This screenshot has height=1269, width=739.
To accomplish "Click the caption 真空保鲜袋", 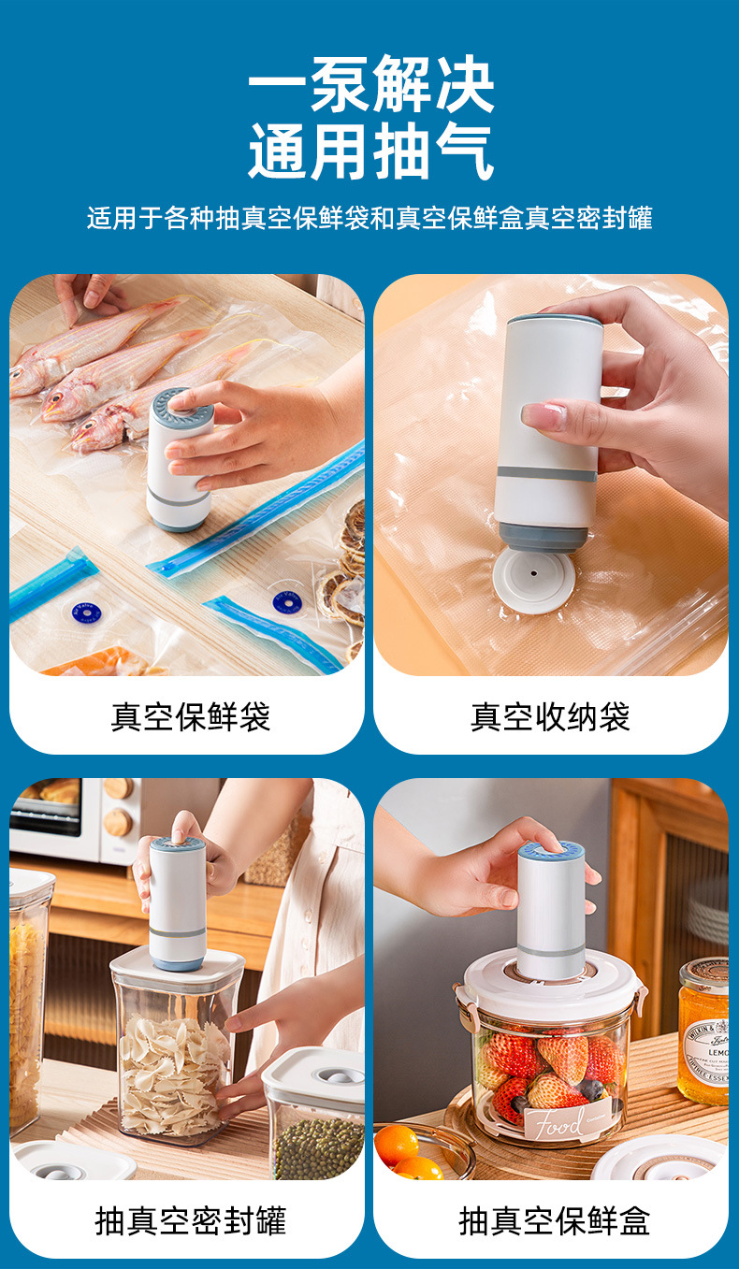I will point(191,717).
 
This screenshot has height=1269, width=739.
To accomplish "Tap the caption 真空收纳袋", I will point(550,717).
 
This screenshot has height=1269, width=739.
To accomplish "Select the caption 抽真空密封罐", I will point(191,1220).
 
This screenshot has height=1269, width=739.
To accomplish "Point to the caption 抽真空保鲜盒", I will point(554,1220).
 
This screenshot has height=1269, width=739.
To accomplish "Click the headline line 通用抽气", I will point(370,152).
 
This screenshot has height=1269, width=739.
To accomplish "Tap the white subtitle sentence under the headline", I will point(369,218).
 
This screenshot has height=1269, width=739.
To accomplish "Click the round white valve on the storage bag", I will point(533,580).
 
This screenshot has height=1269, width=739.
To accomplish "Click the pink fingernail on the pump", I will point(540,416).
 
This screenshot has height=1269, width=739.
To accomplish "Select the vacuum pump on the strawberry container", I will point(551,912).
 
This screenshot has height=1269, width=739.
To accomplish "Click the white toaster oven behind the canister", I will point(65,818).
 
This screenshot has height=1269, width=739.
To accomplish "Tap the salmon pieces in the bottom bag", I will point(94,664).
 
